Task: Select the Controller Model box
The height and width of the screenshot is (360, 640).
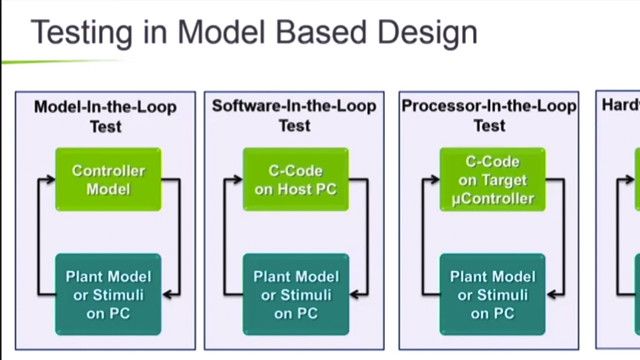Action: pyautogui.click(x=107, y=179)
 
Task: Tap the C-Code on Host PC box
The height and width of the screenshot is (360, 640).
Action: pyautogui.click(x=296, y=179)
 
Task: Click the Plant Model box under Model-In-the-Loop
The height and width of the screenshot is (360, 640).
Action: pyautogui.click(x=107, y=294)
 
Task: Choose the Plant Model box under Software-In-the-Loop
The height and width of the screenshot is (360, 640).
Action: pyautogui.click(x=296, y=294)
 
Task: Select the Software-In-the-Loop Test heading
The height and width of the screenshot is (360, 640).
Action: pyautogui.click(x=295, y=115)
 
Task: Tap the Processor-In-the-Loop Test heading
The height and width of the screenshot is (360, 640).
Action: pyautogui.click(x=489, y=115)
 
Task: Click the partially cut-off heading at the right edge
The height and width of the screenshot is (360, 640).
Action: pyautogui.click(x=621, y=105)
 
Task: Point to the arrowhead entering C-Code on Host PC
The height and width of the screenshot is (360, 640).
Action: pyautogui.click(x=238, y=180)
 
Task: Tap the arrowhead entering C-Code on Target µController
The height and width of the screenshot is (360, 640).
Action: pyautogui.click(x=435, y=180)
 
